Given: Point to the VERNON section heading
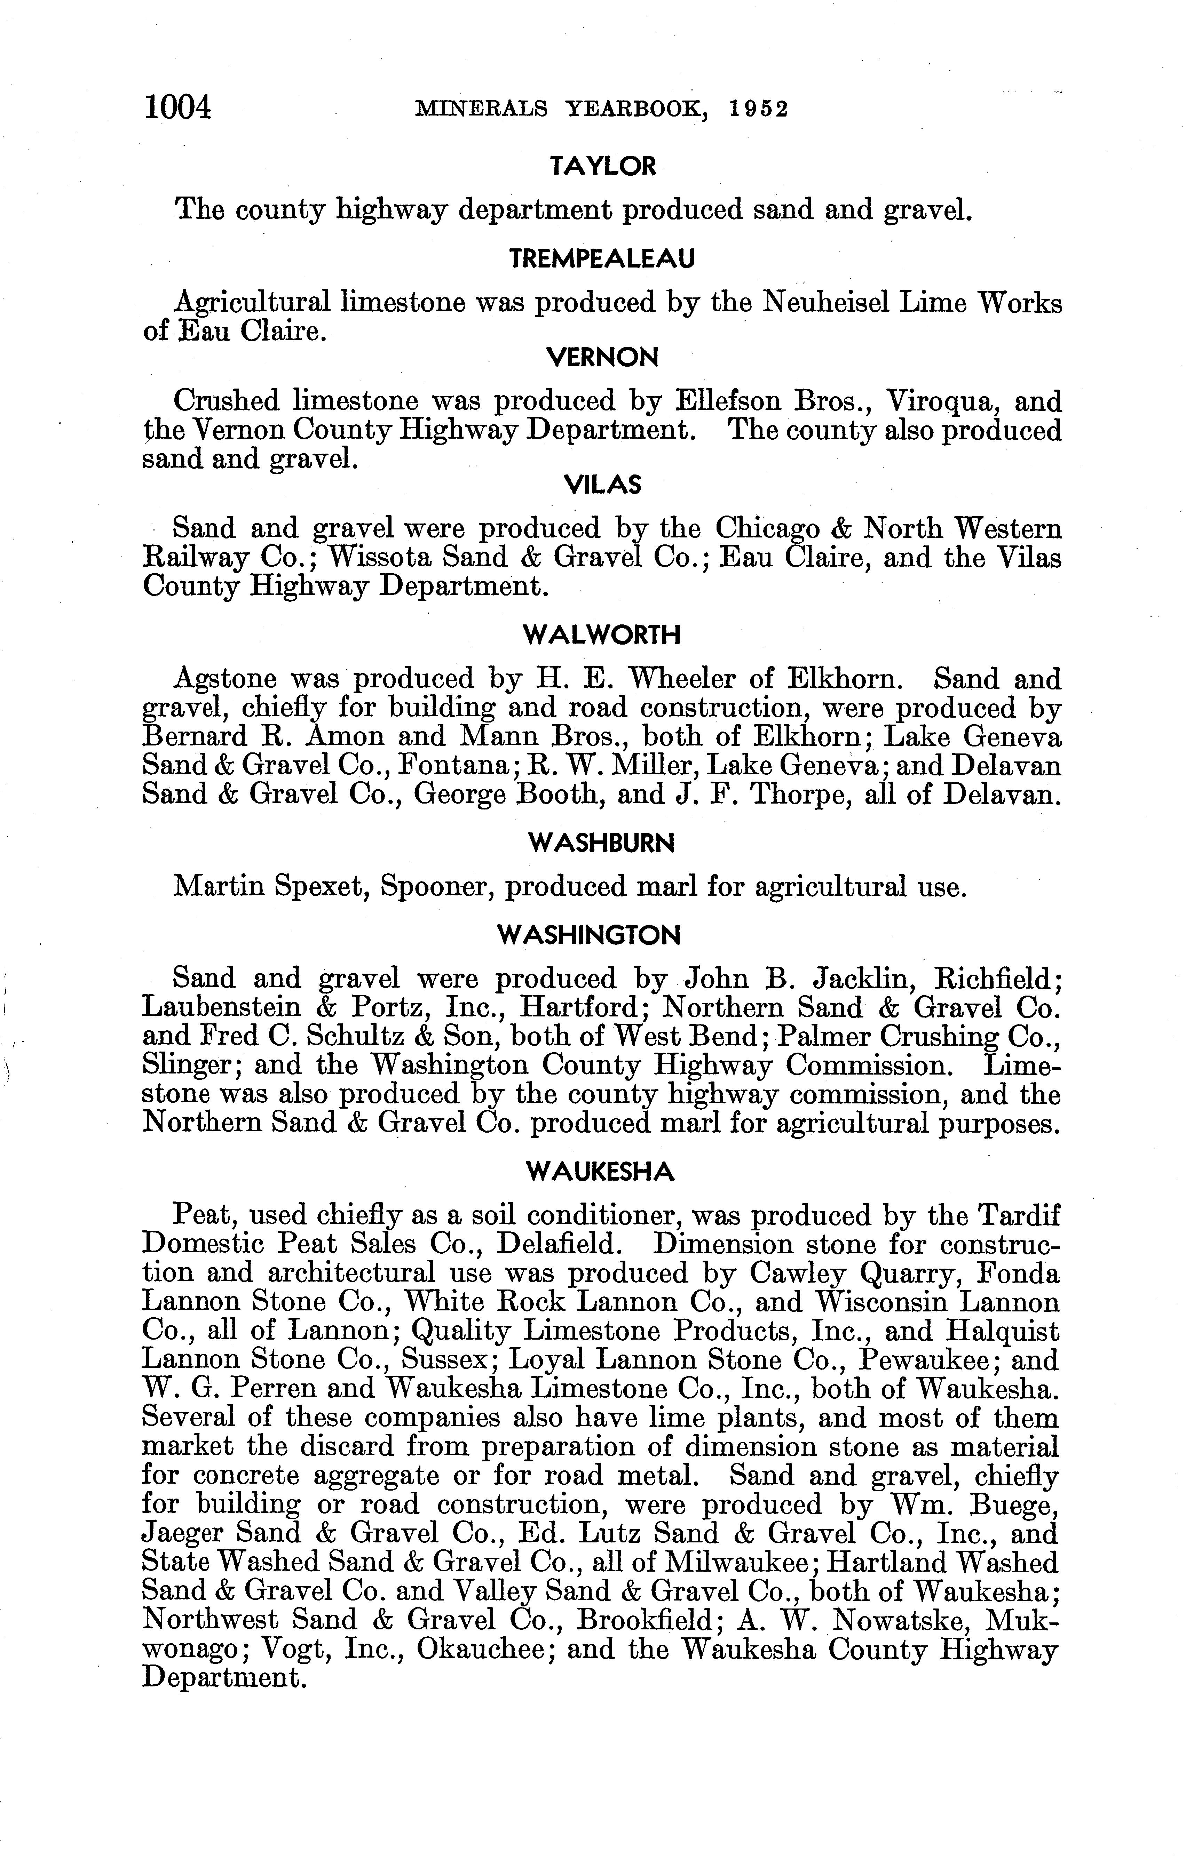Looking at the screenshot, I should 602,358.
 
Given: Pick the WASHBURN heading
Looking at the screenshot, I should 601,843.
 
